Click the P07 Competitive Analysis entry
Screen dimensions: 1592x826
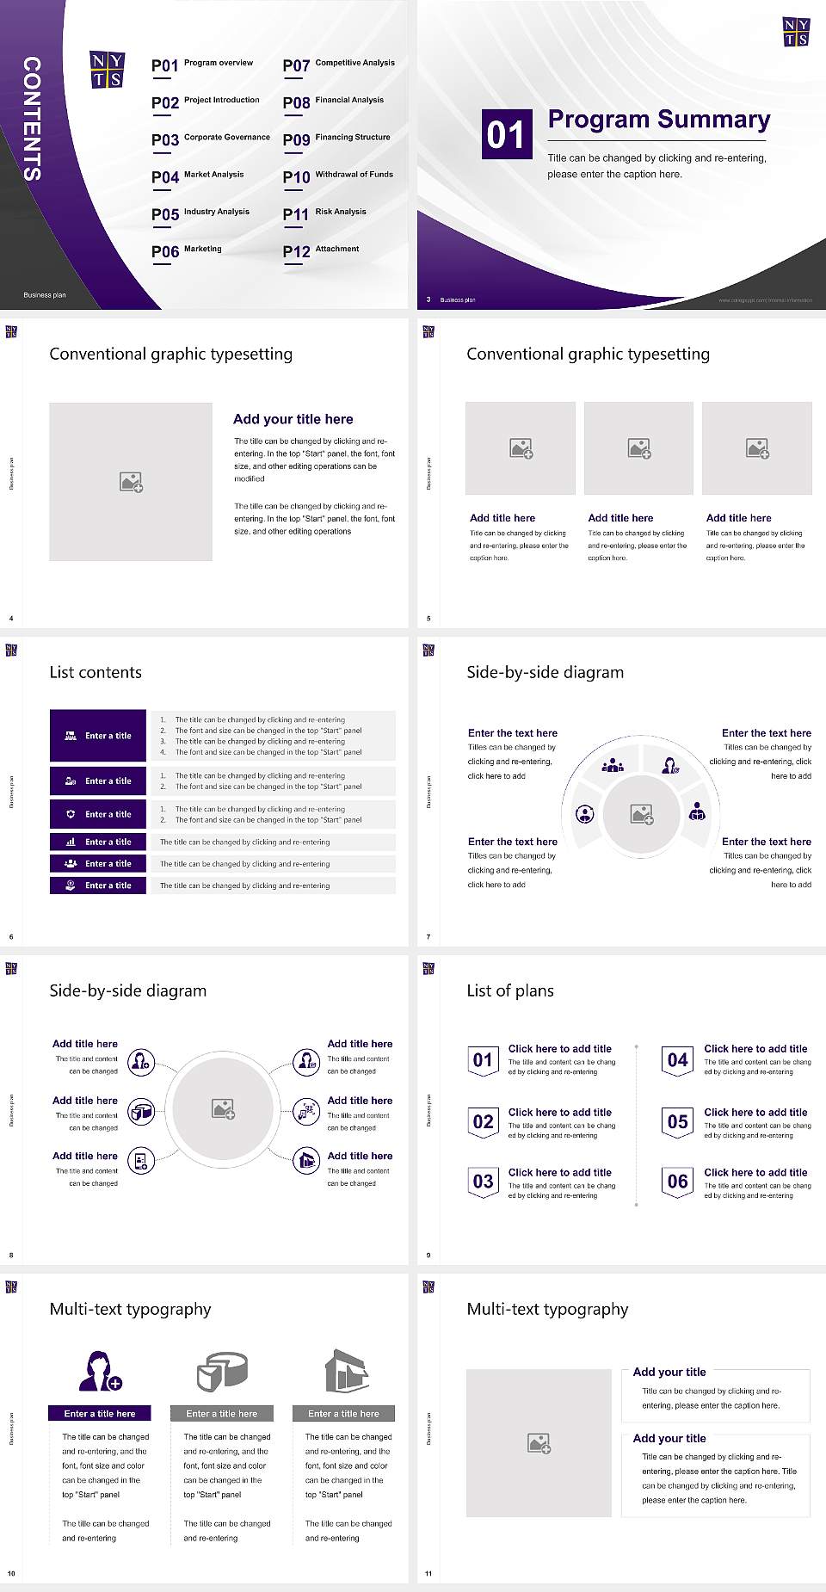coord(339,65)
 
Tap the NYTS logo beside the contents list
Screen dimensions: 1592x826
coord(107,70)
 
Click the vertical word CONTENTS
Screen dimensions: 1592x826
coord(31,119)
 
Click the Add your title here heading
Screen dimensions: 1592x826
coord(293,419)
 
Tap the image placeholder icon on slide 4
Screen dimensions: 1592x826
coord(131,482)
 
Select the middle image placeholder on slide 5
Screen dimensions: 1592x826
coord(638,448)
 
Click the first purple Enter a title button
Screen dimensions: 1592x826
coord(98,736)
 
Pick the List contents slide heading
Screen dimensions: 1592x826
coord(96,672)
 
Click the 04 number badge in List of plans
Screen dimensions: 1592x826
coord(678,1060)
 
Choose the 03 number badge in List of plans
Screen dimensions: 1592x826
coord(484,1182)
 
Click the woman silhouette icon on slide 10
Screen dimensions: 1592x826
coord(99,1371)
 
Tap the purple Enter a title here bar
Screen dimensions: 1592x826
coord(99,1413)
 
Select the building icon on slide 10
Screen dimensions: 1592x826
coord(346,1371)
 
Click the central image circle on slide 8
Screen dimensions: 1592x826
coord(223,1108)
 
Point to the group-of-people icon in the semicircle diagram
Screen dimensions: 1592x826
coord(613,764)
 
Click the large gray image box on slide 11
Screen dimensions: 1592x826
coord(539,1442)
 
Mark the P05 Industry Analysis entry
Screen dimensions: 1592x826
coord(200,213)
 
